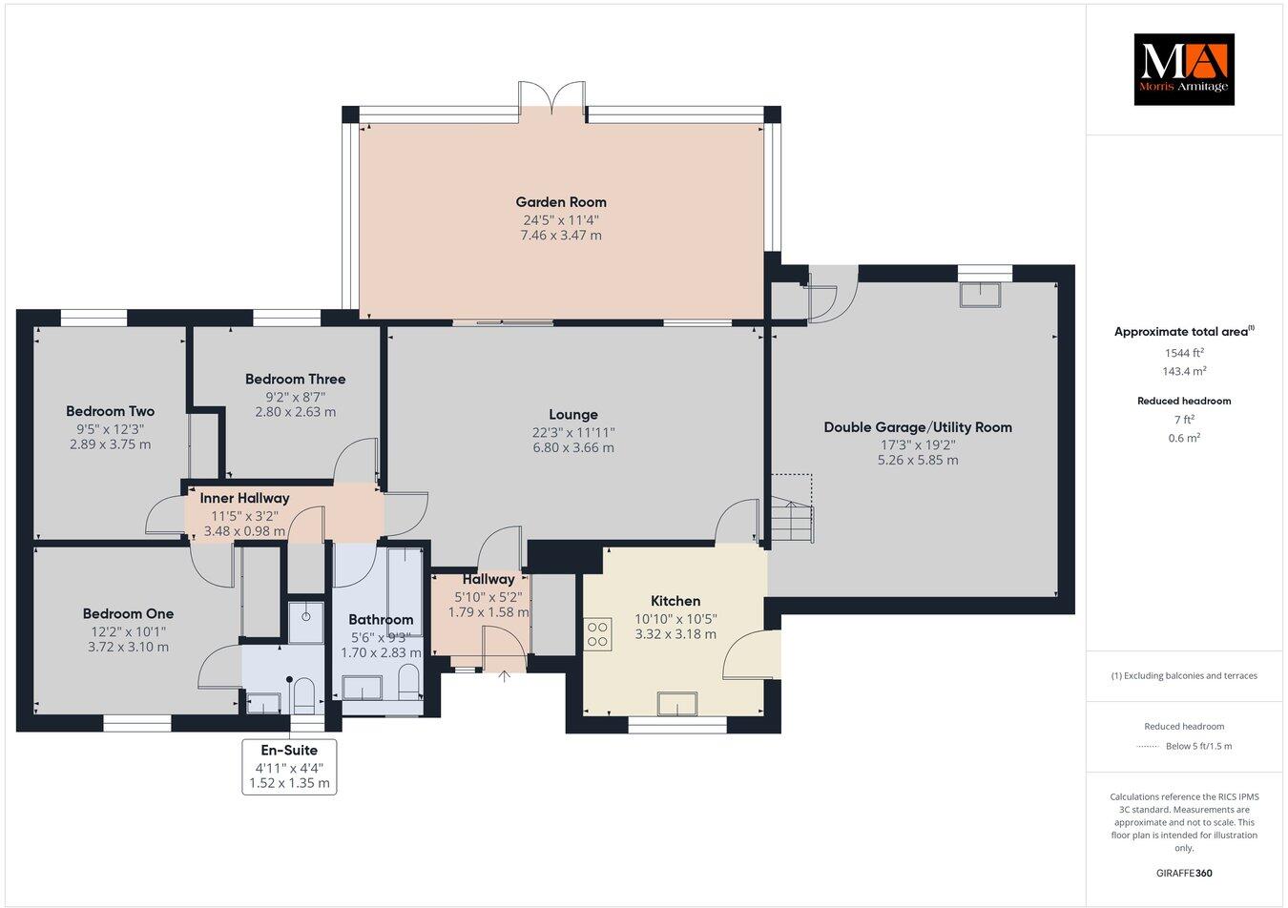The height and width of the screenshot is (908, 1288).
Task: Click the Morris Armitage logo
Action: (1183, 69)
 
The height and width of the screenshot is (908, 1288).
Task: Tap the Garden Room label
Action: (561, 201)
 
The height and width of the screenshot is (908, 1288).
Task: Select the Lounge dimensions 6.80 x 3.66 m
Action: (573, 447)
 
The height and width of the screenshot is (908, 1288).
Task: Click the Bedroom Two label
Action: (110, 411)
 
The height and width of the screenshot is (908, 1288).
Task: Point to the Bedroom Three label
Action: (295, 379)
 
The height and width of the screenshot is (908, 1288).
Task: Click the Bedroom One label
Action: (128, 613)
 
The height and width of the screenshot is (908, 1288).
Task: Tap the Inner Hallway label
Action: (244, 498)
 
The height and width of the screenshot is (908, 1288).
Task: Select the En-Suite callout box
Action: (290, 766)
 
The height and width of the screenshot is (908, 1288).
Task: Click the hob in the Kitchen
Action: (598, 635)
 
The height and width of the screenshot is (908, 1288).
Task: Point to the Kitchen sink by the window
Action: (677, 703)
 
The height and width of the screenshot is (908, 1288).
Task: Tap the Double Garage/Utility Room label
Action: (917, 427)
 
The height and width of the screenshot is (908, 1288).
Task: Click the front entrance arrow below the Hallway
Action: (505, 677)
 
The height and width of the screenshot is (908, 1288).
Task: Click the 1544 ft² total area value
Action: (1183, 352)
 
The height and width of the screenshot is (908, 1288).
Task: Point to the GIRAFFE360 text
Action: (1183, 873)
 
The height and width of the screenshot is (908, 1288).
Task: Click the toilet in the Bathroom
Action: (407, 681)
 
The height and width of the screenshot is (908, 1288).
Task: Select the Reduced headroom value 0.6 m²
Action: (1183, 438)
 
